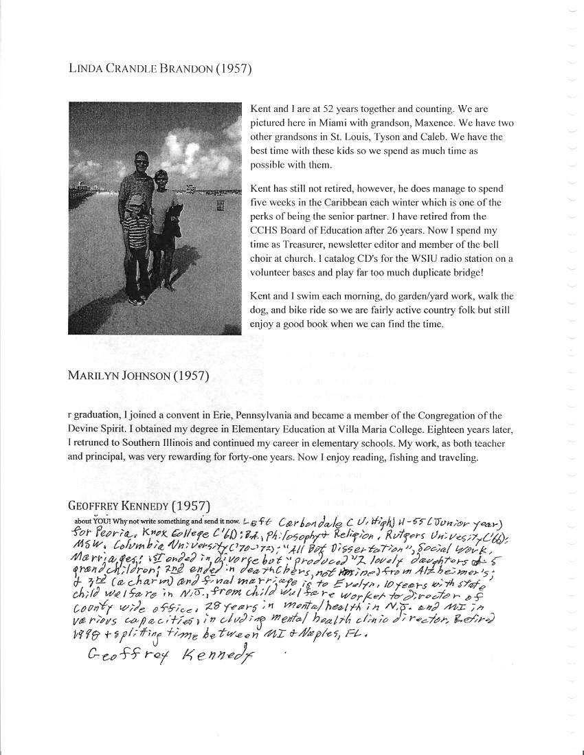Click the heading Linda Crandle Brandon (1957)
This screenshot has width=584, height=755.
[x=160, y=69]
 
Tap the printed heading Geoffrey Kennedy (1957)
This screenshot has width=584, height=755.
[x=138, y=506]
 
